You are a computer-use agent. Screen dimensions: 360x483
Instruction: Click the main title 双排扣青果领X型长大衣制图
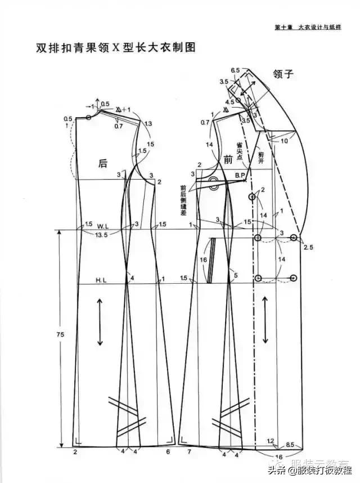107,47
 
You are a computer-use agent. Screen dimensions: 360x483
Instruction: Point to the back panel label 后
102,163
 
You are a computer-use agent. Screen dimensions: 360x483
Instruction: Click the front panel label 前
227,160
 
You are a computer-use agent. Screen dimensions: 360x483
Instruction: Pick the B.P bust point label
240,176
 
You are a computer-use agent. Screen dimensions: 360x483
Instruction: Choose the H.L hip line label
101,279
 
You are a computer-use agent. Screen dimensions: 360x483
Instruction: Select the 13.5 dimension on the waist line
102,234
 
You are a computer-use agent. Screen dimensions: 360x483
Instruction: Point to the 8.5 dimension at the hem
291,445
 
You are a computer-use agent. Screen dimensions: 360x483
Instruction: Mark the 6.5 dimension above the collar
235,70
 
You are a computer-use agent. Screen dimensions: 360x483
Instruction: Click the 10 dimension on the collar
285,140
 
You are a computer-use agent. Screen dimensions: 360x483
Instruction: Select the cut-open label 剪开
260,156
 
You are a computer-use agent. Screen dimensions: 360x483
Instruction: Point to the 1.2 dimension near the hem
270,440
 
